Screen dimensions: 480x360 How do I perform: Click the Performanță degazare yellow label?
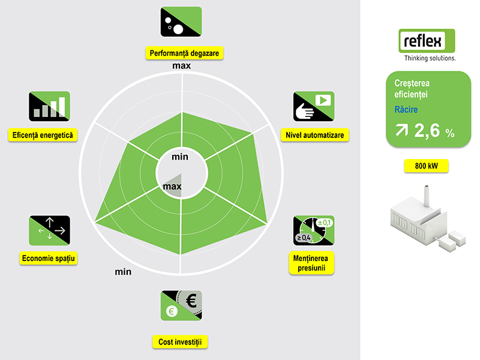pyautogui.click(x=184, y=53)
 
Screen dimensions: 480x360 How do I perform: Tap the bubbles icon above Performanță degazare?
pyautogui.click(x=181, y=22)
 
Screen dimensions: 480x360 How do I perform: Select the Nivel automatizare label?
pyautogui.click(x=314, y=135)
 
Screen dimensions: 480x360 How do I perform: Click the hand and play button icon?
pyautogui.click(x=314, y=106)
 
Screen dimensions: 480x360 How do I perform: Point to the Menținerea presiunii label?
pyautogui.click(x=311, y=263)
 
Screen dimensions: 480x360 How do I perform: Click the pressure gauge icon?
pyautogui.click(x=314, y=230)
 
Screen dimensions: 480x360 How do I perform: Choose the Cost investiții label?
pyautogui.click(x=180, y=342)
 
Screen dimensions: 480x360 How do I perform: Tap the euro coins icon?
pyautogui.click(x=181, y=305)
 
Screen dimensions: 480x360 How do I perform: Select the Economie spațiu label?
pyautogui.click(x=49, y=259)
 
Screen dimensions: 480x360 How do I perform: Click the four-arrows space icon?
pyautogui.click(x=50, y=230)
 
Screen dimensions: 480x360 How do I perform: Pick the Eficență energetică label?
pyautogui.click(x=43, y=135)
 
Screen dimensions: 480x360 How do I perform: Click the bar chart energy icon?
pyautogui.click(x=50, y=106)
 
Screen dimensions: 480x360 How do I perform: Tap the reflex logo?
pyautogui.click(x=427, y=45)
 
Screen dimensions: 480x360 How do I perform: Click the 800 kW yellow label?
pyautogui.click(x=427, y=166)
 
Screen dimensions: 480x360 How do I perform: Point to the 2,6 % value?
pyautogui.click(x=434, y=131)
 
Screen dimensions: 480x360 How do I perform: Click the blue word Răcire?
pyautogui.click(x=406, y=109)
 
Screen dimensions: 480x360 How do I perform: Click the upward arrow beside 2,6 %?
pyautogui.click(x=401, y=130)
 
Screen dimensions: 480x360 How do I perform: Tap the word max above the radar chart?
pyautogui.click(x=182, y=65)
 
